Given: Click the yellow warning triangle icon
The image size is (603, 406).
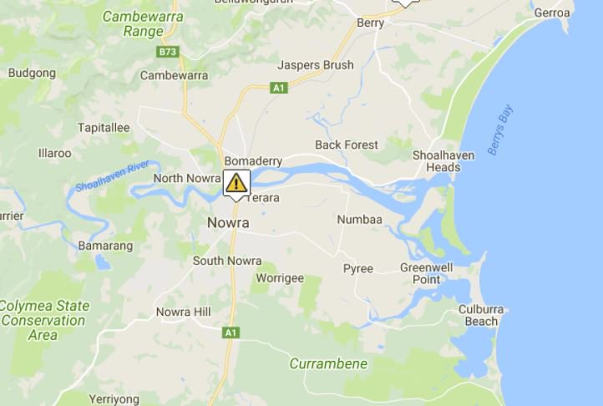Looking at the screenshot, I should click(x=236, y=182).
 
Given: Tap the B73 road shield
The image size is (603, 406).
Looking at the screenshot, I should click(x=167, y=52).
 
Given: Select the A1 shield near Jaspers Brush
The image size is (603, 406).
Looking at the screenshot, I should click(x=279, y=87).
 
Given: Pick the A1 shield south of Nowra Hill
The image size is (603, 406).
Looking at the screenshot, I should click(x=231, y=332).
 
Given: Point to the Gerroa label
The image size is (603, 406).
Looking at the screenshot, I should click(x=552, y=13).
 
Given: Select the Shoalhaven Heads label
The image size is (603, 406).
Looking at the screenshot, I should click(x=443, y=161).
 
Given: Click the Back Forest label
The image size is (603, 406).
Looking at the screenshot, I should click(x=347, y=145).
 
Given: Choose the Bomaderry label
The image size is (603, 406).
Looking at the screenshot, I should click(x=253, y=160).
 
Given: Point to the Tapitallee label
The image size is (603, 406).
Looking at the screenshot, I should click(x=104, y=127).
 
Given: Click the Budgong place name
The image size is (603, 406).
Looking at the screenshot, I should click(x=32, y=73).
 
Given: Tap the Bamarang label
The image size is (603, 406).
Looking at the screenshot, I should click(x=105, y=246).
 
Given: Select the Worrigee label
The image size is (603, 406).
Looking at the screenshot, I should click(x=280, y=277).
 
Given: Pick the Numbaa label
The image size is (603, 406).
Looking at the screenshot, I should click(x=359, y=220).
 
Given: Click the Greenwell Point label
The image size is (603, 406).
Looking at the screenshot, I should click(x=426, y=273).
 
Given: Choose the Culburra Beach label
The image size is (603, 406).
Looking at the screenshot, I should click(x=482, y=315).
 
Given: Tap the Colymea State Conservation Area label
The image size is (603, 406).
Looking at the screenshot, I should click(x=43, y=320).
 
